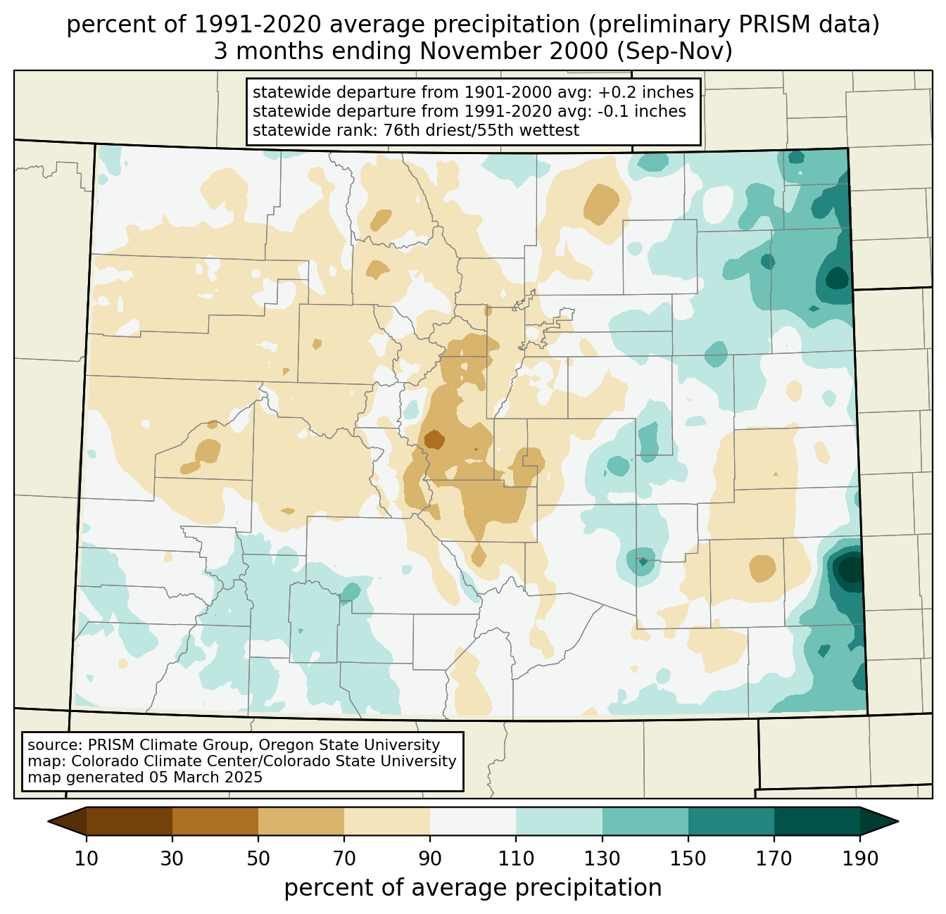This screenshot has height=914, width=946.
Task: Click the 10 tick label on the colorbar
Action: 87,858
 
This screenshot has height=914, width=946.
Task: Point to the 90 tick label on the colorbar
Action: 430,858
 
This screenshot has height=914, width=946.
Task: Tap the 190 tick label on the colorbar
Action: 859,858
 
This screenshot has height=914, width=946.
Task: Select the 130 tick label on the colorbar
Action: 603,858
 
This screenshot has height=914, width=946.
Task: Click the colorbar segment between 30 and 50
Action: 215,821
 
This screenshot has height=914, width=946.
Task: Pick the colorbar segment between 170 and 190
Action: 816,821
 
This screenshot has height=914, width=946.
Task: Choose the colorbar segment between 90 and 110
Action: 473,821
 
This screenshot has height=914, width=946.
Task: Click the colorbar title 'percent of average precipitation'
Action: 473,888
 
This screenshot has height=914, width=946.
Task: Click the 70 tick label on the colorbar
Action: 344,858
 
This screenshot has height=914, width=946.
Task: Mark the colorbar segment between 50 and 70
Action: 301,821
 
